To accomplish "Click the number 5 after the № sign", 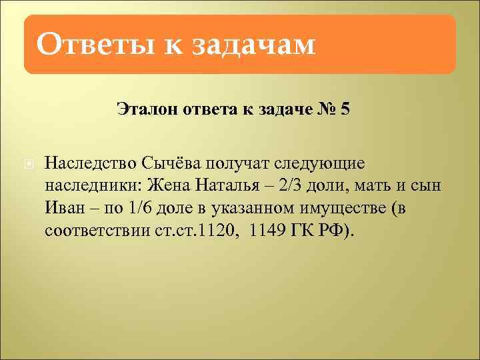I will tap(344, 108).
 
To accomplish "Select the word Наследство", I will tap(90, 163).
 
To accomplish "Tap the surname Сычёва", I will tap(171, 163).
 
